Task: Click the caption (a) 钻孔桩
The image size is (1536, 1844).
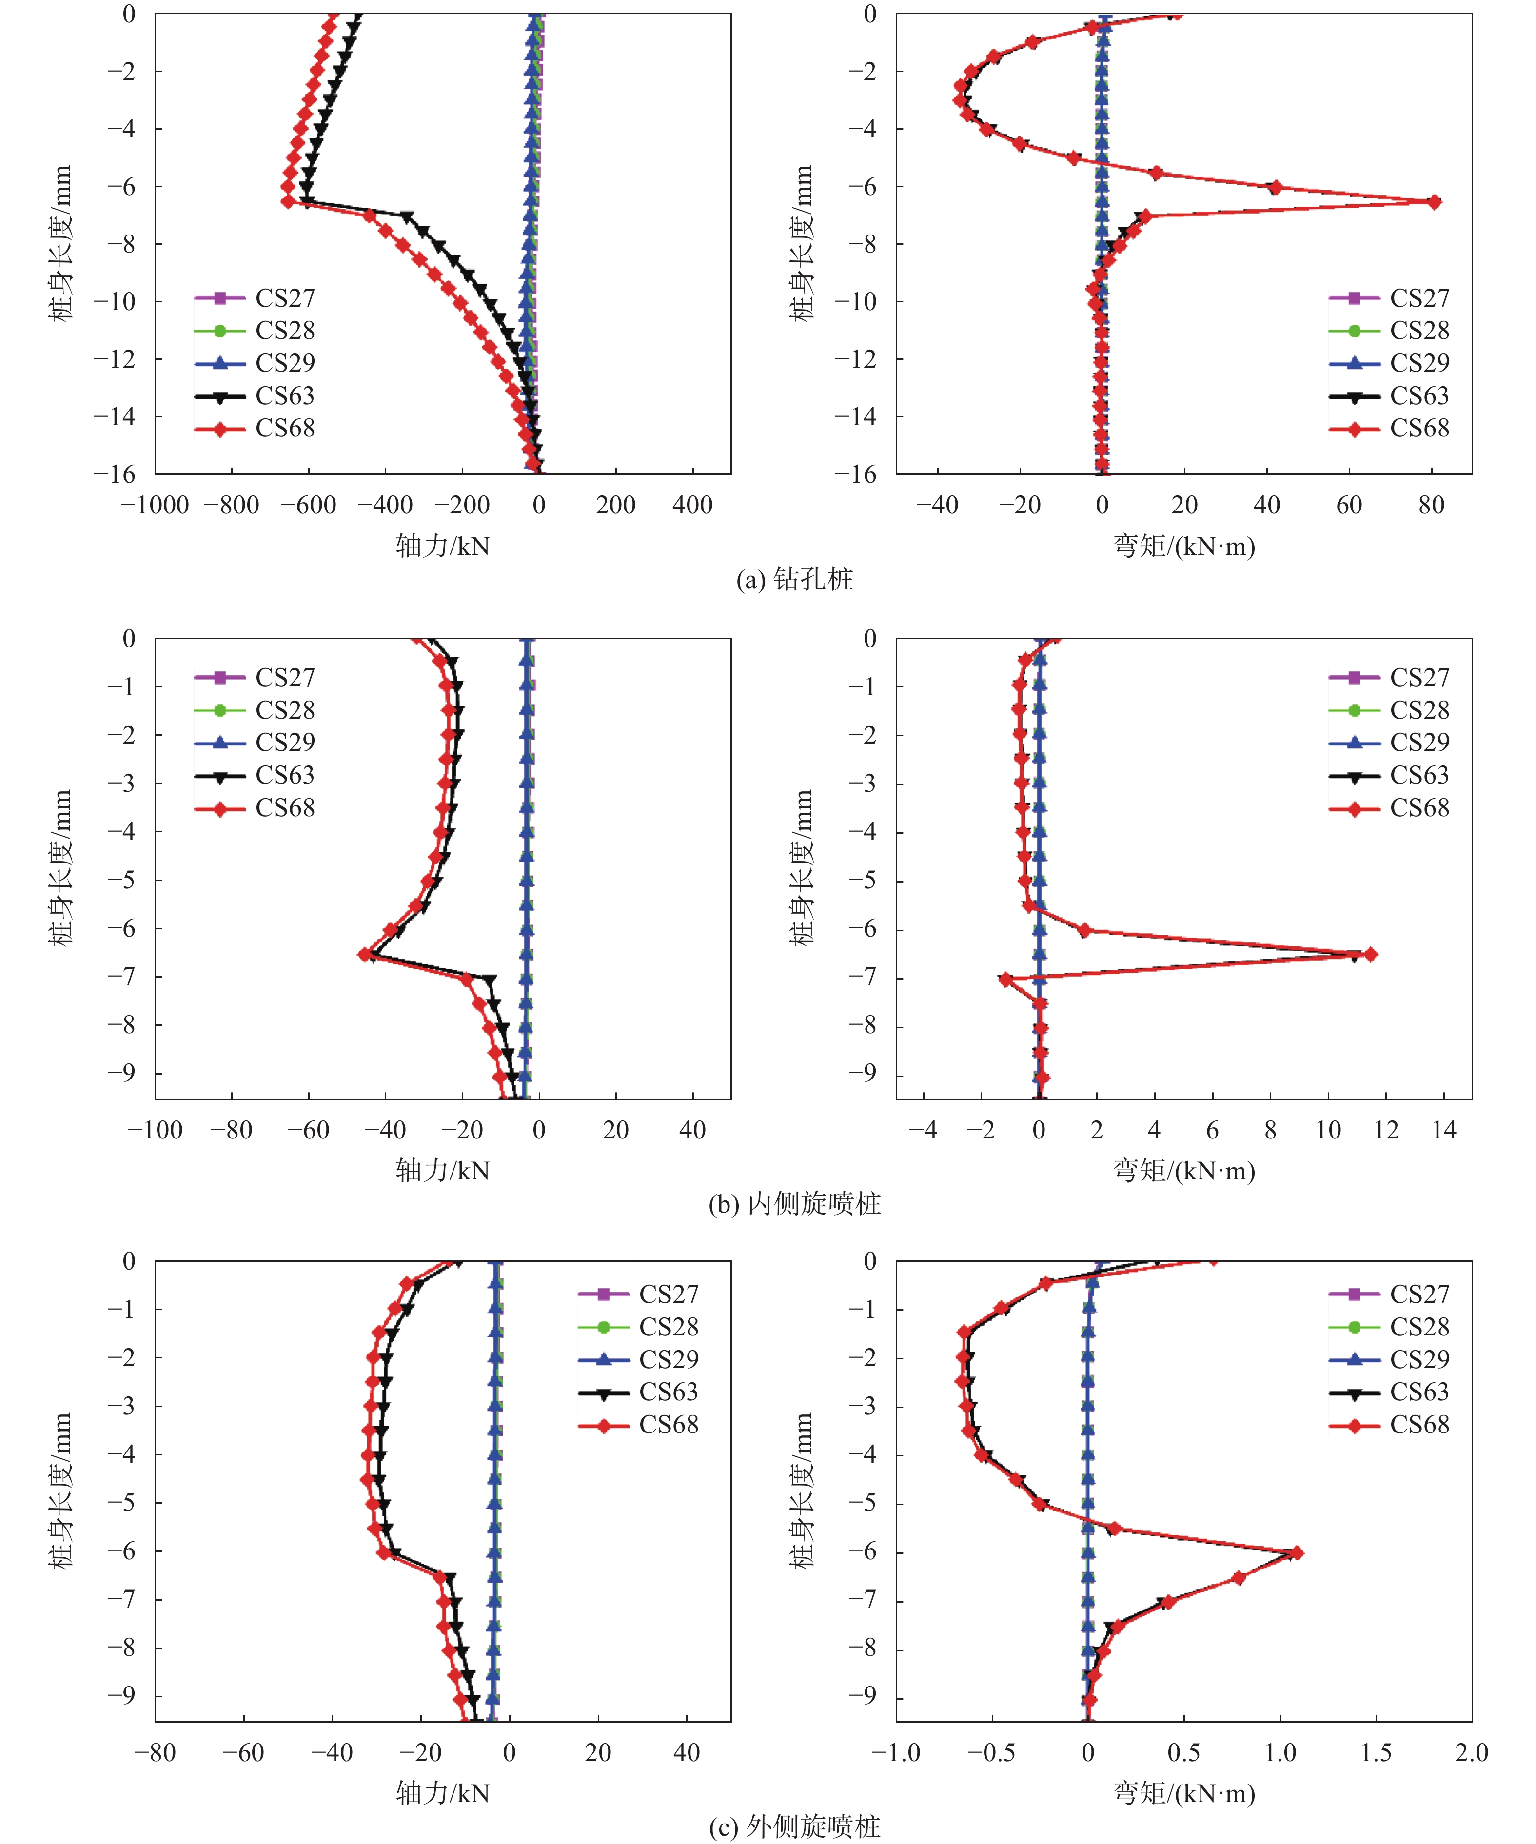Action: click(794, 579)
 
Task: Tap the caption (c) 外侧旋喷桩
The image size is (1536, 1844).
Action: click(794, 1826)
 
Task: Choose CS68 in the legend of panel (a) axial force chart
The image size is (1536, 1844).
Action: click(285, 429)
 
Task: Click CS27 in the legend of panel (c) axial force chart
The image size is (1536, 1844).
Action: click(669, 1295)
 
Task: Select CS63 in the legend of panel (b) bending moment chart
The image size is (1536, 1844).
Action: click(1419, 775)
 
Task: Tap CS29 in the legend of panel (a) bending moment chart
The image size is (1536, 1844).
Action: click(1419, 363)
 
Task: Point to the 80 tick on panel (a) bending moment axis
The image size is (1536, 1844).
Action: click(1432, 505)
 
